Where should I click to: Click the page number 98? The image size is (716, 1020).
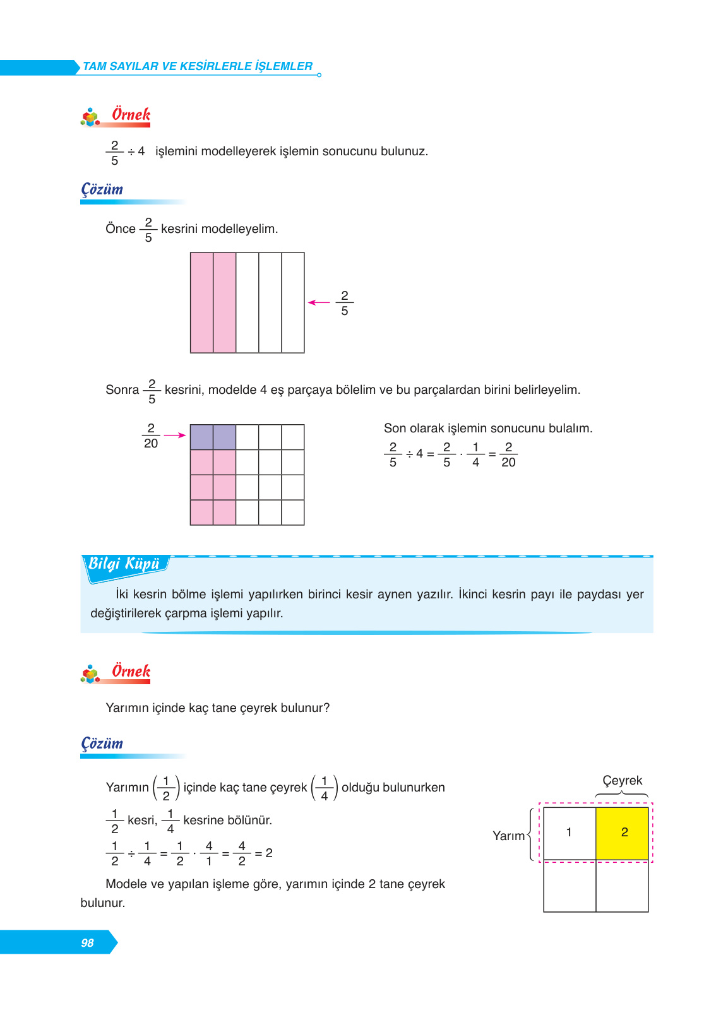[x=87, y=942]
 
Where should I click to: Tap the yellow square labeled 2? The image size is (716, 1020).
[x=622, y=833]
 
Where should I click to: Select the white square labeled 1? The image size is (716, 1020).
[x=569, y=833]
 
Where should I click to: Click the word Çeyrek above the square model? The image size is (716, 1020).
[x=622, y=781]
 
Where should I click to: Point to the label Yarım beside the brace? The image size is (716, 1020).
[x=508, y=836]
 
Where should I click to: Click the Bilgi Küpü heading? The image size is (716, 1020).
[x=124, y=564]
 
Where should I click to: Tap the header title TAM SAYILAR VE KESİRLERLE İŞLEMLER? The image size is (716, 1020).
[x=198, y=66]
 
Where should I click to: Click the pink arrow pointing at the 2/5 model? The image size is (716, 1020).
[x=319, y=303]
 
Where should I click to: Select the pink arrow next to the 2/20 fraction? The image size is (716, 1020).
[x=175, y=435]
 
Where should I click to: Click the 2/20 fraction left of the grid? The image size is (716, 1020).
[x=151, y=436]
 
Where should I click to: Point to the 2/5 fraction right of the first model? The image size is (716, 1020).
[x=345, y=304]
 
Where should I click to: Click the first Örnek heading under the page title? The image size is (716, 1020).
[x=131, y=115]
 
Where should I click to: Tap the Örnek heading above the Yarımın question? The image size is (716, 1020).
[x=131, y=671]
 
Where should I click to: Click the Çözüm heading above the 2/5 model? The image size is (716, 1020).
[x=102, y=189]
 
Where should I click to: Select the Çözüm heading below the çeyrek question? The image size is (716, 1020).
[x=102, y=744]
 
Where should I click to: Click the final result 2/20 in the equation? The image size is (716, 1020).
[x=508, y=455]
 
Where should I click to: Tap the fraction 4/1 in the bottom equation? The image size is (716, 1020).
[x=209, y=853]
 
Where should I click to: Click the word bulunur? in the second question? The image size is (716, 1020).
[x=305, y=708]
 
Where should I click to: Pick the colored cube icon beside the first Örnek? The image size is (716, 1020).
[x=90, y=117]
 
